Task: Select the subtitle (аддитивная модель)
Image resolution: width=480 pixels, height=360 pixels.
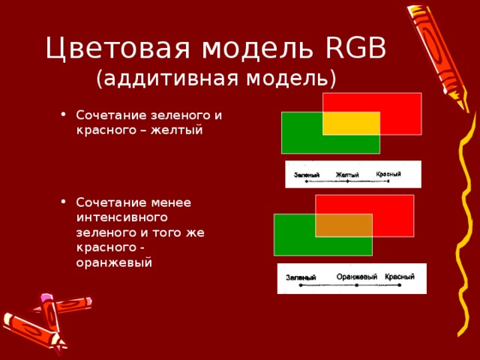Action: pyautogui.click(x=216, y=78)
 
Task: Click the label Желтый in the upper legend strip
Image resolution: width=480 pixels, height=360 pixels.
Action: pyautogui.click(x=347, y=175)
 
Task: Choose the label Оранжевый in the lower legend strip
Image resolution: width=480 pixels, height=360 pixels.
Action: pyautogui.click(x=356, y=277)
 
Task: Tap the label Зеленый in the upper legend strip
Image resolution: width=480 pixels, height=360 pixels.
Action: pyautogui.click(x=307, y=175)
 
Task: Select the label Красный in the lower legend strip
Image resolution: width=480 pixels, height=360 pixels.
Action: pyautogui.click(x=399, y=277)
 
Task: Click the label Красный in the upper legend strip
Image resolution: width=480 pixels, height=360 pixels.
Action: pyautogui.click(x=388, y=174)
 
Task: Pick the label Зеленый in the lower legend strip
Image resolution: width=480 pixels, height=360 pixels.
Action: pyautogui.click(x=301, y=278)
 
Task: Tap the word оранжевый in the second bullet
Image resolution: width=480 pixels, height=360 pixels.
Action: pyautogui.click(x=114, y=262)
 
